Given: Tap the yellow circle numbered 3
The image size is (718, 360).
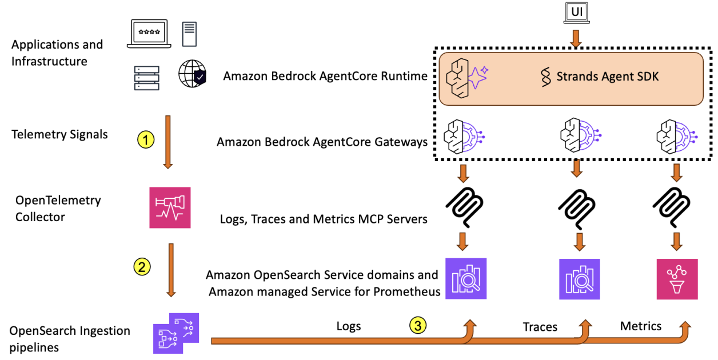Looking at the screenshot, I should tap(418, 326).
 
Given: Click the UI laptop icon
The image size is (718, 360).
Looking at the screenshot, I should tap(576, 13).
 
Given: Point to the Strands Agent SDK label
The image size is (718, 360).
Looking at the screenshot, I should tap(600, 76).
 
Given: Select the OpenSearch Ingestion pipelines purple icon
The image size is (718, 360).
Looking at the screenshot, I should tap(176, 333).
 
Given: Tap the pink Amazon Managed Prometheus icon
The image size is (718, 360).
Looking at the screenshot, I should tap(677, 278).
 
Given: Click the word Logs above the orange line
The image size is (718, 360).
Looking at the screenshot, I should tap(349, 326).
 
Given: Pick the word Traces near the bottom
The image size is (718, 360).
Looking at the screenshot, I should tap(540, 327).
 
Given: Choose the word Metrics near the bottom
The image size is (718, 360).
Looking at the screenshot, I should tap(641, 326).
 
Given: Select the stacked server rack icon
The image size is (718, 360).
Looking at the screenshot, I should tap(146, 78).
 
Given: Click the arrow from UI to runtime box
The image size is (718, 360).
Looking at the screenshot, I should tap(576, 39).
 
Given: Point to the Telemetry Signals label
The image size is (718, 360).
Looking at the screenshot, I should tap(59, 135).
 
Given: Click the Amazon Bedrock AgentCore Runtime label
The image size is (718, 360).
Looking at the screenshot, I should tap(325, 76).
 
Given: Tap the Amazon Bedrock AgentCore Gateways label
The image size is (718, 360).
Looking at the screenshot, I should tap(322, 142).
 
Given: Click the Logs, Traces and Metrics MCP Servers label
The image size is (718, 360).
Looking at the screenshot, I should tap(324, 219).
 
